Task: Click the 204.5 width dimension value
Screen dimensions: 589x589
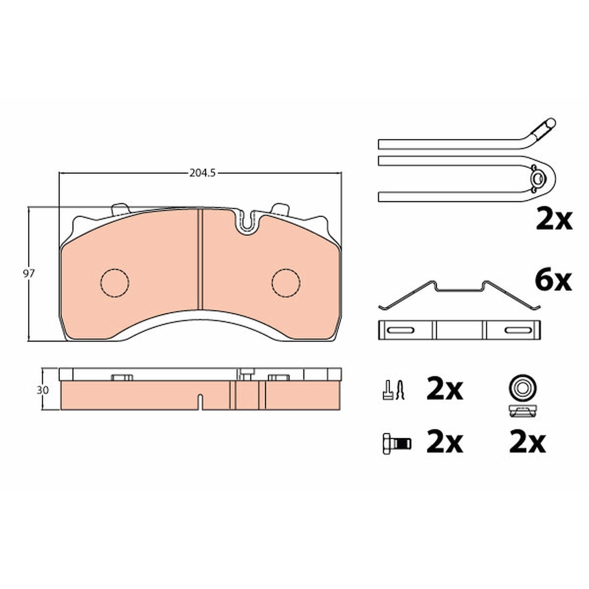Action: point(202,173)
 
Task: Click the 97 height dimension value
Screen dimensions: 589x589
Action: point(29,273)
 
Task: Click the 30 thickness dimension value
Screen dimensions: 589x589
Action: point(43,390)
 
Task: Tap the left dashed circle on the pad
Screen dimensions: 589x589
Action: point(115,283)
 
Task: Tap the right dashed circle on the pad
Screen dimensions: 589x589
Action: point(286,283)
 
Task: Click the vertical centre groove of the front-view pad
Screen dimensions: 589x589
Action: point(200,259)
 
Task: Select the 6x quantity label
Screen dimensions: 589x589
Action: point(553,282)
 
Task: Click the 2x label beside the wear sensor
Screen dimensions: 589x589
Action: point(554,220)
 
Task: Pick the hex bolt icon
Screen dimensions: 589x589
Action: point(397,443)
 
